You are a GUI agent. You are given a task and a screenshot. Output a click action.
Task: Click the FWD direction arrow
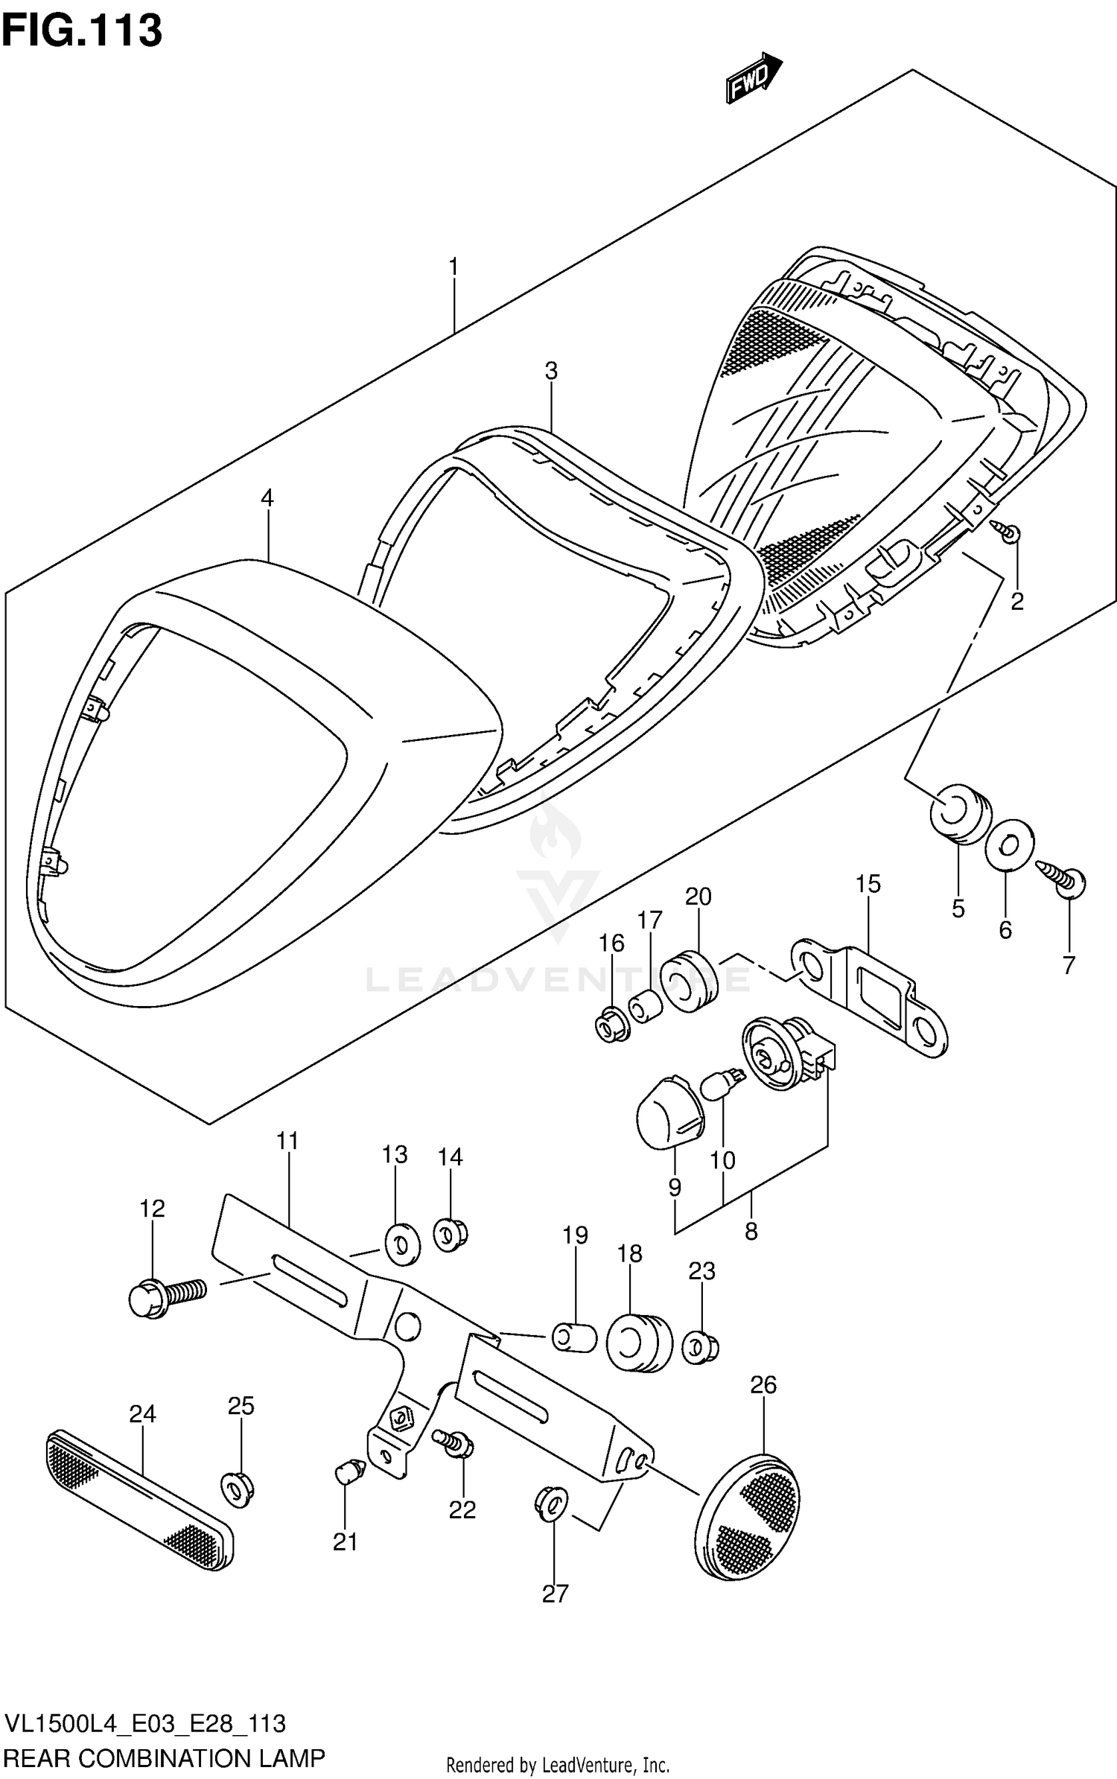pyautogui.click(x=753, y=78)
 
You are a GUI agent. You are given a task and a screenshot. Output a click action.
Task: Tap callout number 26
pyautogui.click(x=763, y=1384)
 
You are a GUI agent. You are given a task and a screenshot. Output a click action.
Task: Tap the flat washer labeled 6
pyautogui.click(x=1009, y=844)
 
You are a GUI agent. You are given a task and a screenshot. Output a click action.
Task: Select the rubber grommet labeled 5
pyautogui.click(x=960, y=815)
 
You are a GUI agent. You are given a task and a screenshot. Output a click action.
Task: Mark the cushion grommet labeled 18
pyautogui.click(x=639, y=1341)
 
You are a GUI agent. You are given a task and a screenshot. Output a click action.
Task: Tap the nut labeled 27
pyautogui.click(x=551, y=1507)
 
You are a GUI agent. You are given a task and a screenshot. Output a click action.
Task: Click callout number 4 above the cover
pyautogui.click(x=267, y=497)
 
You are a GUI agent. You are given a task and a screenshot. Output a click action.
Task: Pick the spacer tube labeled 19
pyautogui.click(x=574, y=1337)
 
